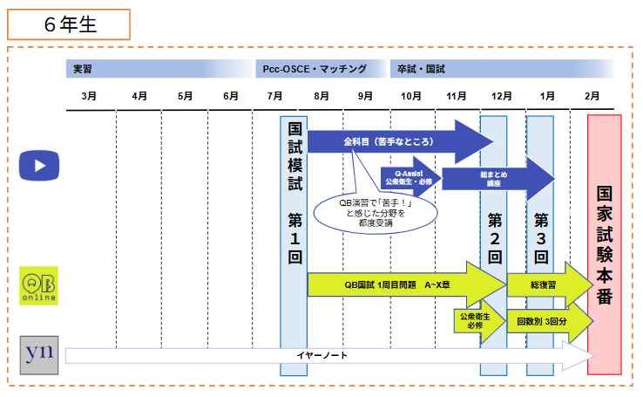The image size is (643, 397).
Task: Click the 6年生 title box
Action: click(69, 24)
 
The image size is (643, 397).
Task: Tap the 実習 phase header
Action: click(83, 68)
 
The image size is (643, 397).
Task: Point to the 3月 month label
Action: click(89, 95)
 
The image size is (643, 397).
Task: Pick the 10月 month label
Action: click(411, 95)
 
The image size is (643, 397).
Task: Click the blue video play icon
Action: click(39, 164)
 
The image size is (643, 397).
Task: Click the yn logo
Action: click(39, 355)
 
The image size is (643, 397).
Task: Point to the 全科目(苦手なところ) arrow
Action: click(392, 140)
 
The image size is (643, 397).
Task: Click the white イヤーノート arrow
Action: click(322, 355)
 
